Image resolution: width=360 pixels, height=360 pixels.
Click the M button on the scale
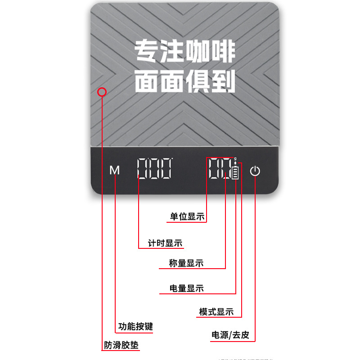tap(115, 171)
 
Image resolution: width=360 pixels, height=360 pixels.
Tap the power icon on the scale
tap(255, 171)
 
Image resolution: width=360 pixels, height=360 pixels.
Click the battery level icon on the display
tap(235, 172)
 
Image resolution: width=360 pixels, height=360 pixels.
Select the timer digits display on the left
tap(154, 169)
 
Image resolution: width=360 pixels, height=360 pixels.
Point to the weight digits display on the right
tap(220, 169)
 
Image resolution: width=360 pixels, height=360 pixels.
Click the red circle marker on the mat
tap(102, 92)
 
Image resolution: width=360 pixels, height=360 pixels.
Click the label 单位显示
tap(187, 216)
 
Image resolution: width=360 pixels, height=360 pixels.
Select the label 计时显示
tap(165, 243)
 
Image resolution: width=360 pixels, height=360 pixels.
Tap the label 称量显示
tap(186, 263)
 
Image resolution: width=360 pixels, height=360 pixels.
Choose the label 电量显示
tap(186, 288)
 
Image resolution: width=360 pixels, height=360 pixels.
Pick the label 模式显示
tap(216, 312)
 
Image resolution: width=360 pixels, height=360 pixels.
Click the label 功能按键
tap(135, 326)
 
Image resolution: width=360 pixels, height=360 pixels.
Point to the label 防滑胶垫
tap(121, 346)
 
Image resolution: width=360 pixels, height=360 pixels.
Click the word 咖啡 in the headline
tap(210, 52)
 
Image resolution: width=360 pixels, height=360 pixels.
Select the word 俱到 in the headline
tap(210, 81)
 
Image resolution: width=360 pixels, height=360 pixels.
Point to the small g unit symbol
tap(235, 159)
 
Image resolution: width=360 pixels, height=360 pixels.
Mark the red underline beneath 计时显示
tap(161, 248)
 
